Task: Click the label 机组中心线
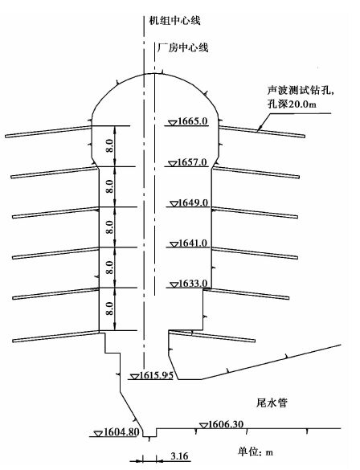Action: [x=174, y=20]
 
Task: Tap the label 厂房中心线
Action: [x=182, y=47]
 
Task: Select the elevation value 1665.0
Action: [x=192, y=121]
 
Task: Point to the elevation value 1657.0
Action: [x=192, y=162]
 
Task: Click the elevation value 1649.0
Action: [x=193, y=202]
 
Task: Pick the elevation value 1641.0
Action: [x=193, y=243]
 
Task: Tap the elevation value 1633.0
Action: [x=193, y=284]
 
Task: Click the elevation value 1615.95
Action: [x=157, y=375]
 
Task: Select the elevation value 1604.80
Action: [x=121, y=432]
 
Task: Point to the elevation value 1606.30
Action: [x=226, y=424]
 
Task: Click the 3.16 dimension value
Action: [x=179, y=456]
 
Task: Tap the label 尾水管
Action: [x=272, y=403]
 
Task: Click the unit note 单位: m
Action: [x=256, y=452]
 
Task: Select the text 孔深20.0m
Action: [x=292, y=104]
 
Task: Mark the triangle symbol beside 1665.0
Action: [x=172, y=123]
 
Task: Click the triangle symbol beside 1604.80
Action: [x=98, y=434]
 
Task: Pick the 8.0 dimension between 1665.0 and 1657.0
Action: [x=110, y=145]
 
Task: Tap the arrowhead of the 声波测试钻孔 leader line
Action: [x=260, y=129]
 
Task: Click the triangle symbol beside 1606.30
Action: [x=204, y=425]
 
